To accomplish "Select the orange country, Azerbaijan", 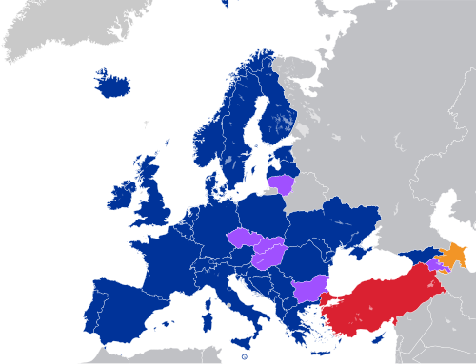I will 454,255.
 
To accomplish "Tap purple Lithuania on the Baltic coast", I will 282,183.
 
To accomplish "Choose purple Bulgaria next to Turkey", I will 309,288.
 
